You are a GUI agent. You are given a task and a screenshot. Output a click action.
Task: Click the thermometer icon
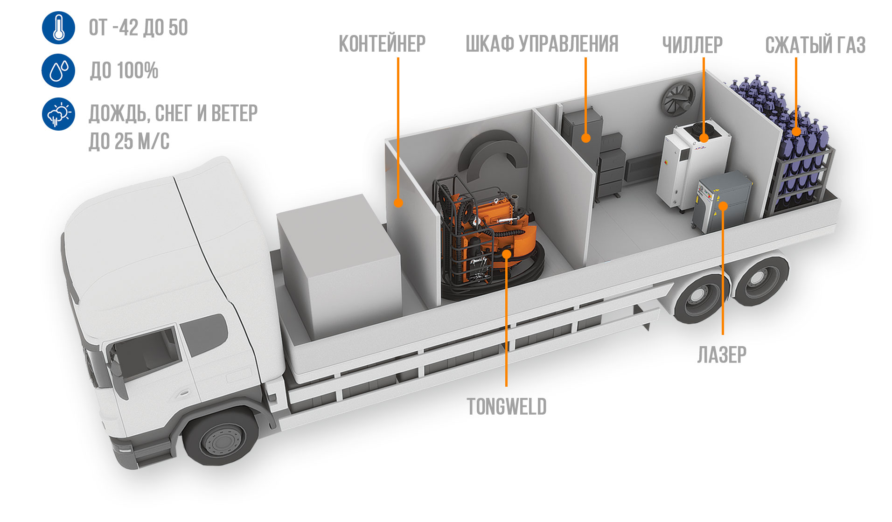[58, 28]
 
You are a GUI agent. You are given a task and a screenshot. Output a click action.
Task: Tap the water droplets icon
[58, 70]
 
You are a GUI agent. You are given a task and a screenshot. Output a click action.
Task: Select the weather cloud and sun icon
[58, 114]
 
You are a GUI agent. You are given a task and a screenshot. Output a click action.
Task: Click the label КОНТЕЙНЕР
[382, 44]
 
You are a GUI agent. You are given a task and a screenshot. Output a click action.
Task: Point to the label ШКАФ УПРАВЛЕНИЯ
[542, 44]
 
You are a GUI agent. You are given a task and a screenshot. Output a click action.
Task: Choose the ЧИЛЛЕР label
[692, 45]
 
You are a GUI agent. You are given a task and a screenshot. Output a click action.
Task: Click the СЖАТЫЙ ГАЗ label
[815, 45]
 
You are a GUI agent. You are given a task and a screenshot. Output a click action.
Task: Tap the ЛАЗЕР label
[722, 355]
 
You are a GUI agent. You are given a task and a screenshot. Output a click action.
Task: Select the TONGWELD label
[506, 407]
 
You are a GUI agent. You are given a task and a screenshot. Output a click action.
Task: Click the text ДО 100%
[124, 71]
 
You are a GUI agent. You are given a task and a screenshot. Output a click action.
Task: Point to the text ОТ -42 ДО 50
[139, 28]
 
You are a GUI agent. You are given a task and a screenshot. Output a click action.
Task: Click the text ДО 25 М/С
[129, 141]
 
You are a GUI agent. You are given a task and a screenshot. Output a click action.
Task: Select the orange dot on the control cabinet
[586, 138]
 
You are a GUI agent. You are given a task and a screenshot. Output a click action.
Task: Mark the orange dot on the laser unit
[723, 206]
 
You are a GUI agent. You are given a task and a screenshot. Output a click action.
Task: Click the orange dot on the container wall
[398, 202]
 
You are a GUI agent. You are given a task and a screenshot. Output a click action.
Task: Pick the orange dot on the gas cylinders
[796, 132]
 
